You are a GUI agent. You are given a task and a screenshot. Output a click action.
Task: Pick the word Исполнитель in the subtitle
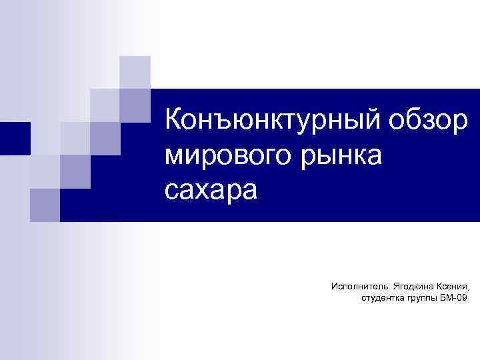(x=357, y=286)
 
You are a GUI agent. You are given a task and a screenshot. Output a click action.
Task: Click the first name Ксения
(x=451, y=286)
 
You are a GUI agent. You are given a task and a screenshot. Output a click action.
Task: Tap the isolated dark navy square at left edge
(x=15, y=138)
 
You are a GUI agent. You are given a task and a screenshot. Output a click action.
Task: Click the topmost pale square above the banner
(x=135, y=72)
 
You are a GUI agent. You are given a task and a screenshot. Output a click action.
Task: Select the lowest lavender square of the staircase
(x=45, y=205)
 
